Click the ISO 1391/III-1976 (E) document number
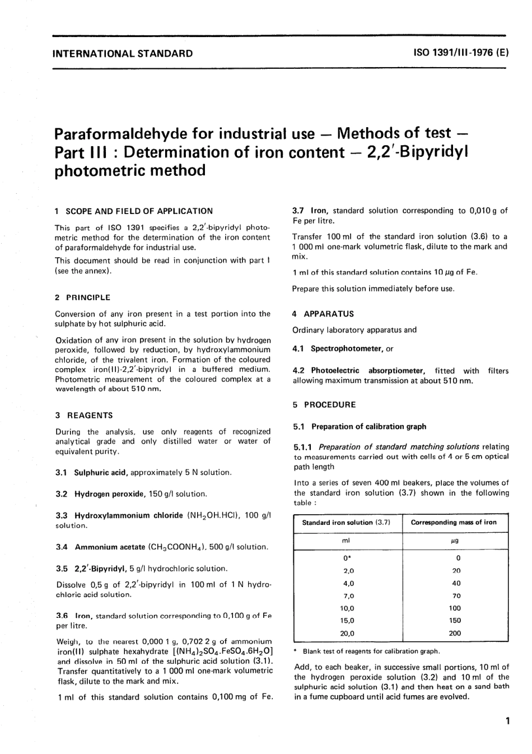[x=461, y=54]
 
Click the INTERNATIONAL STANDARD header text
[x=122, y=54]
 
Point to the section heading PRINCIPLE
[x=88, y=297]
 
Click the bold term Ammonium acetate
[x=110, y=547]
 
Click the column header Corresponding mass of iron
[x=454, y=522]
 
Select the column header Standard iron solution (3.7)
[x=346, y=522]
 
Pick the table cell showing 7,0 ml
[x=348, y=595]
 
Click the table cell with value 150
[x=455, y=620]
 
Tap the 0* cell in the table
[x=348, y=558]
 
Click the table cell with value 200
[x=455, y=633]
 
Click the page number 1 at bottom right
[x=507, y=721]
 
